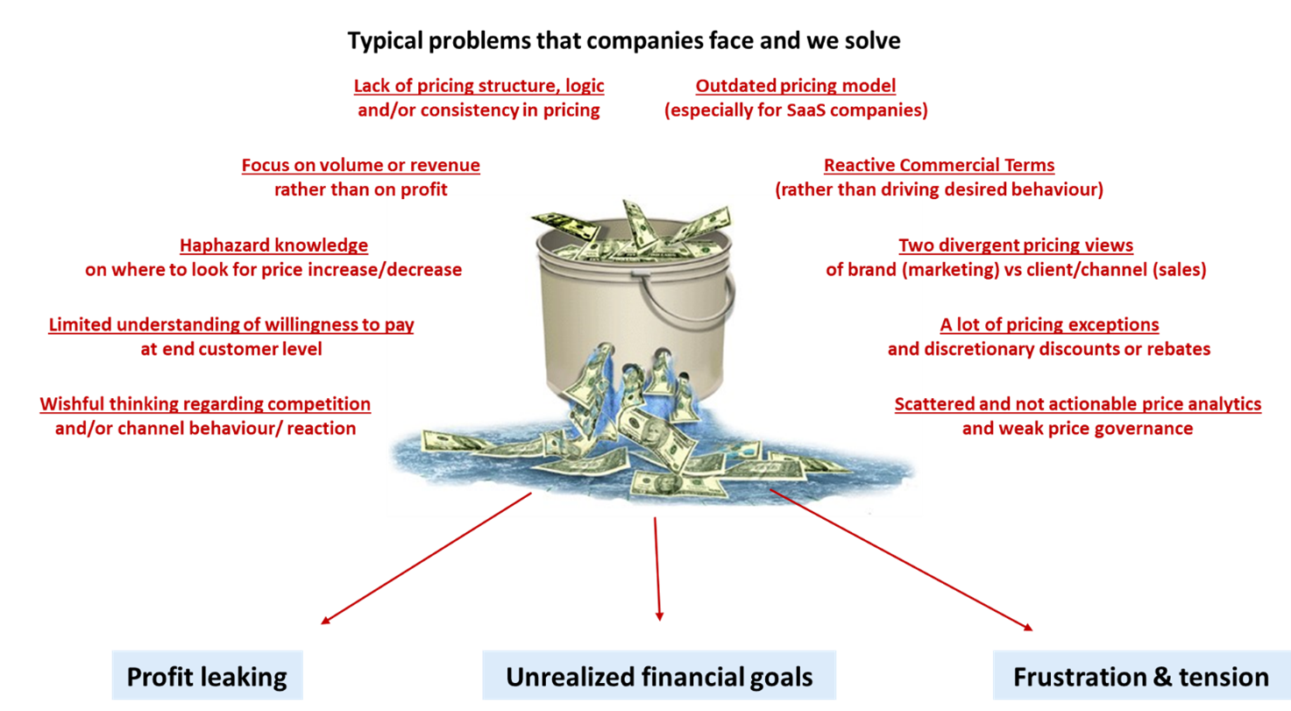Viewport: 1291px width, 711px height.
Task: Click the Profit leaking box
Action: [x=207, y=676]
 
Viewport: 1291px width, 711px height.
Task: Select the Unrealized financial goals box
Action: [x=659, y=676]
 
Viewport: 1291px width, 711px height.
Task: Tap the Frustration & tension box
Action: [x=1140, y=676]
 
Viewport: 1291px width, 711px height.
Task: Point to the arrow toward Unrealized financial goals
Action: [x=656, y=570]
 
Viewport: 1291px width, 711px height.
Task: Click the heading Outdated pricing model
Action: [x=796, y=86]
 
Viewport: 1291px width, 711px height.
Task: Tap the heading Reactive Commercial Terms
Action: [x=939, y=165]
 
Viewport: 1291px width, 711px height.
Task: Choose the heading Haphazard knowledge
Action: [x=273, y=245]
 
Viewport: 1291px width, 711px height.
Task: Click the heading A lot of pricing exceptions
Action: [x=1049, y=324]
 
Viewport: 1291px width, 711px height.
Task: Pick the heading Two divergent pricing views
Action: [x=1016, y=245]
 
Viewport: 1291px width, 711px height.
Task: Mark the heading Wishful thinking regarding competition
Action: [x=205, y=404]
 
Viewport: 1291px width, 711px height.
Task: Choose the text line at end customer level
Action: [x=231, y=349]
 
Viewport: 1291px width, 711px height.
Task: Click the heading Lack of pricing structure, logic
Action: [x=479, y=86]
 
